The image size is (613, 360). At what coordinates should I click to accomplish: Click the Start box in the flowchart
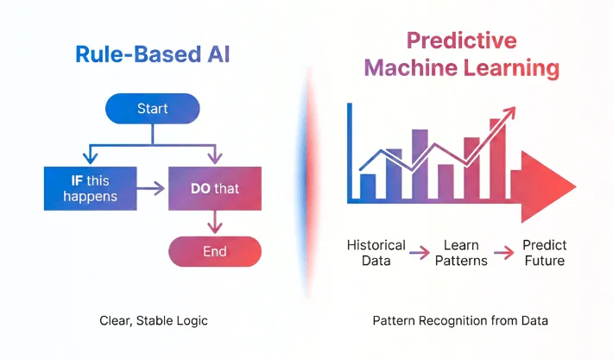tap(153, 110)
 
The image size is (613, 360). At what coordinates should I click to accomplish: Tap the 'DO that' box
tap(214, 187)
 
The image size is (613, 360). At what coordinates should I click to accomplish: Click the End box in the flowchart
tap(214, 251)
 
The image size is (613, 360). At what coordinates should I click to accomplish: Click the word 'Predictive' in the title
tap(462, 40)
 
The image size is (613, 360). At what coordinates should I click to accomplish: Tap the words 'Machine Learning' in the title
tap(462, 69)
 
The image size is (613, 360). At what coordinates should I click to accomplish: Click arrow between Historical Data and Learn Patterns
tap(419, 252)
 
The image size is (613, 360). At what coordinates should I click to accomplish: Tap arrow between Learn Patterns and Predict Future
tap(502, 252)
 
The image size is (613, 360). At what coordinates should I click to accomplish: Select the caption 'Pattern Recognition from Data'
tap(460, 321)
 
